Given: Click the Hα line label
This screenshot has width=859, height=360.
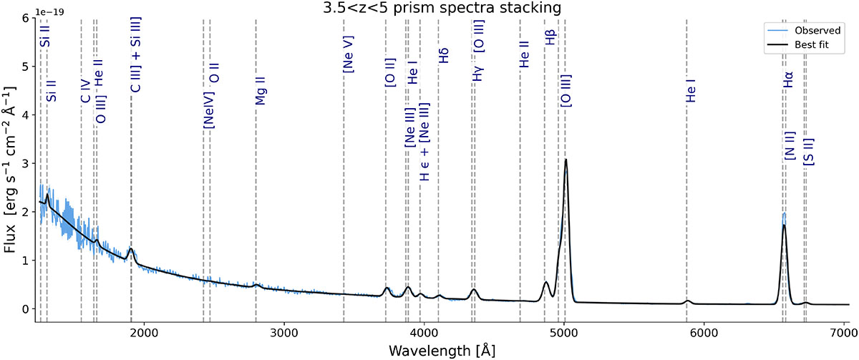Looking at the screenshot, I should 788,84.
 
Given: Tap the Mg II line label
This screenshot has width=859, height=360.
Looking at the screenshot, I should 261,92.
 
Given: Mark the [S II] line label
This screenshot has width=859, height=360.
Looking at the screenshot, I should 809,152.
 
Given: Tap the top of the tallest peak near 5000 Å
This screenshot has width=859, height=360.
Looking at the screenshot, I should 566,160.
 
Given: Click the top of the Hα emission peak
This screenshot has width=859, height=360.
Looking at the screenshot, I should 785,213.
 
